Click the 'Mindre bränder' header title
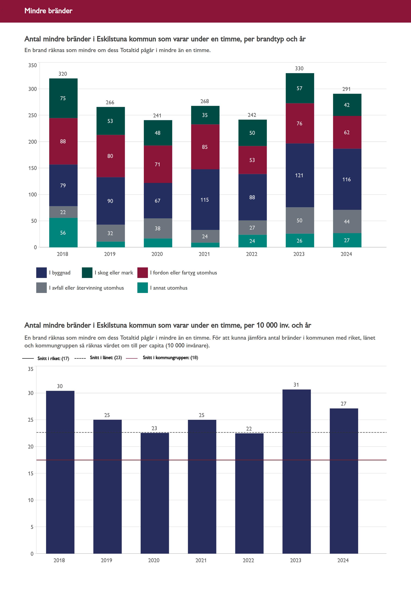pyautogui.click(x=48, y=11)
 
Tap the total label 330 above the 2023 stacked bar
pyautogui.click(x=299, y=69)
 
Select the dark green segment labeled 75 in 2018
pyautogui.click(x=63, y=98)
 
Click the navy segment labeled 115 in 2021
pyautogui.click(x=205, y=200)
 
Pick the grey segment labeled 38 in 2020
pyautogui.click(x=158, y=229)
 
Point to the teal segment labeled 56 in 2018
pyautogui.click(x=63, y=233)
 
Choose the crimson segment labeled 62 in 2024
pyautogui.click(x=347, y=132)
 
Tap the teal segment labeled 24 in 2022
pyautogui.click(x=252, y=241)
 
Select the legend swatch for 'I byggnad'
pyautogui.click(x=41, y=273)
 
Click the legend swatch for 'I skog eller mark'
pyautogui.click(x=87, y=273)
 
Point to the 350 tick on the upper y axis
pyautogui.click(x=33, y=65)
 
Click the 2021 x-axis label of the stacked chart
pyautogui.click(x=204, y=254)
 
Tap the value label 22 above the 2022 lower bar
pyautogui.click(x=249, y=429)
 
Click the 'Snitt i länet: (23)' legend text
pyautogui.click(x=106, y=357)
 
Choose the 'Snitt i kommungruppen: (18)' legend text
pyautogui.click(x=170, y=357)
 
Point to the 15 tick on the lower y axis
pyautogui.click(x=31, y=473)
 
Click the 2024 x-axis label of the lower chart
pyautogui.click(x=343, y=560)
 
